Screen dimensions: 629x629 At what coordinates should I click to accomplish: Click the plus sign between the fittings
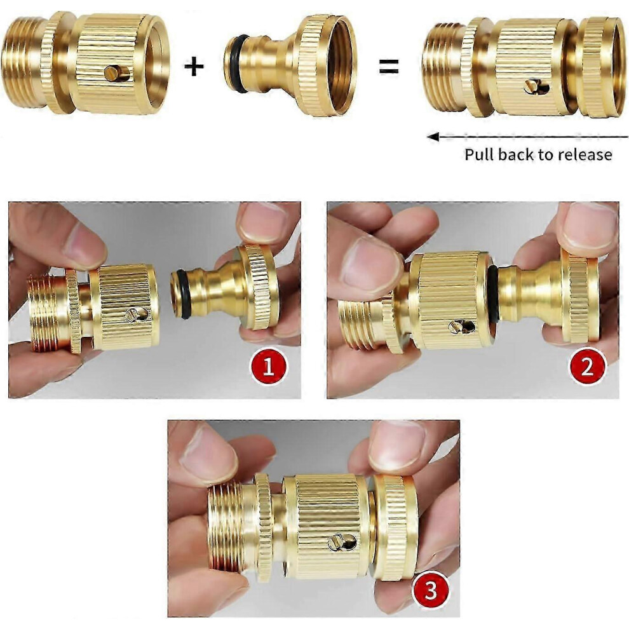pyautogui.click(x=194, y=67)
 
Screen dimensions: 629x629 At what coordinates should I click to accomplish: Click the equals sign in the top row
pyautogui.click(x=389, y=66)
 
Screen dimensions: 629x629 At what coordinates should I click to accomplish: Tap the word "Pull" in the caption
pyautogui.click(x=478, y=154)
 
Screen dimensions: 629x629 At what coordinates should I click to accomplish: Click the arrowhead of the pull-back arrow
pyautogui.click(x=433, y=137)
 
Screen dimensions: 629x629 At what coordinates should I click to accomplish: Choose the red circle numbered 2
pyautogui.click(x=587, y=366)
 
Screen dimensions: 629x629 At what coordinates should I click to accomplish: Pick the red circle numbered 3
pyautogui.click(x=430, y=590)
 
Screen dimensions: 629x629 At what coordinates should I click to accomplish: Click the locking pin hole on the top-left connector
pyautogui.click(x=117, y=73)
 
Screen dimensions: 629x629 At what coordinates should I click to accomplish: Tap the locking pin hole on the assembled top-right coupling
pyautogui.click(x=537, y=86)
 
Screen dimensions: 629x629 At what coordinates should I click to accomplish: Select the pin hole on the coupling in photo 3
pyautogui.click(x=342, y=542)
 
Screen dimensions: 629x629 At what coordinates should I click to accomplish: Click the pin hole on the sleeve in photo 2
pyautogui.click(x=461, y=327)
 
